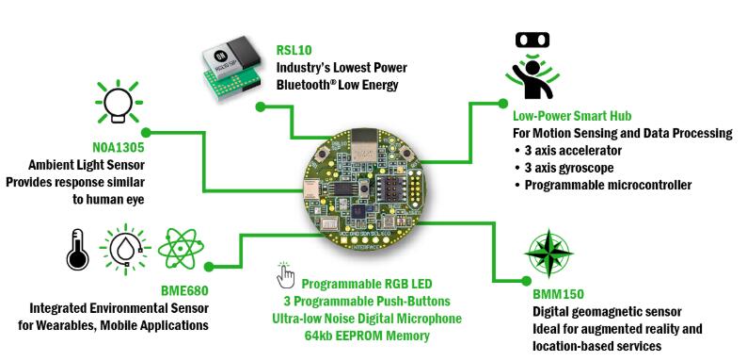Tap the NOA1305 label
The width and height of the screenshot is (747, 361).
[x=119, y=148]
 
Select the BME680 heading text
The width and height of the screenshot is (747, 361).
[x=184, y=290]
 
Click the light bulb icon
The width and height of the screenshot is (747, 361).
[x=119, y=102]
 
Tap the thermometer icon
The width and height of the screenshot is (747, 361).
[x=77, y=249]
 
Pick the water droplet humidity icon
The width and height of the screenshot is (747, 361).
[x=125, y=249]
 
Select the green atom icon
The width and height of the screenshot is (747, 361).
[x=181, y=248]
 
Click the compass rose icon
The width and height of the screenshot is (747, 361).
[x=548, y=254]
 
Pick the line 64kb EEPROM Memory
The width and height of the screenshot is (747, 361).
[x=367, y=336]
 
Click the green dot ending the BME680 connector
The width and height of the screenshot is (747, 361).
[x=209, y=267]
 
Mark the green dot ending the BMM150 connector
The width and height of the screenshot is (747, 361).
[x=526, y=281]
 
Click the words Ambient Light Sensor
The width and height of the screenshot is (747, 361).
[x=87, y=165]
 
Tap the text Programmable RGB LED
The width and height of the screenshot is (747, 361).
[x=367, y=284]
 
